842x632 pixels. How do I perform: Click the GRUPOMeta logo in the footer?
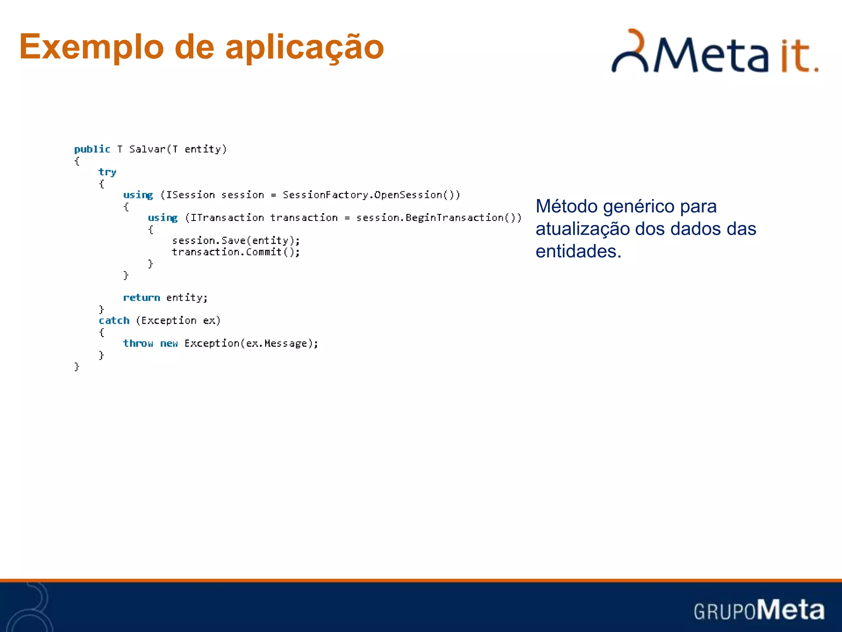pyautogui.click(x=759, y=610)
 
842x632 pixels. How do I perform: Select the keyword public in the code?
pyautogui.click(x=92, y=149)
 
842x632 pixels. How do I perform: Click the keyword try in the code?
pyautogui.click(x=107, y=172)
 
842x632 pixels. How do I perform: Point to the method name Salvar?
pyautogui.click(x=147, y=149)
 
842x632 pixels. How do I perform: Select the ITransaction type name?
pyautogui.click(x=227, y=218)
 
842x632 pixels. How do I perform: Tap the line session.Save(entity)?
pyautogui.click(x=236, y=240)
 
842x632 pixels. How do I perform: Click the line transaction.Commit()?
pyautogui.click(x=236, y=252)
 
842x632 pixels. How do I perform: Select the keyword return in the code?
pyautogui.click(x=141, y=297)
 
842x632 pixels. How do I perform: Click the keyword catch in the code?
pyautogui.click(x=114, y=321)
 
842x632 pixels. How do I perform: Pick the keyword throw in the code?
pyautogui.click(x=138, y=343)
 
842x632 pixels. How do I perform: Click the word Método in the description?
pyautogui.click(x=567, y=206)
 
